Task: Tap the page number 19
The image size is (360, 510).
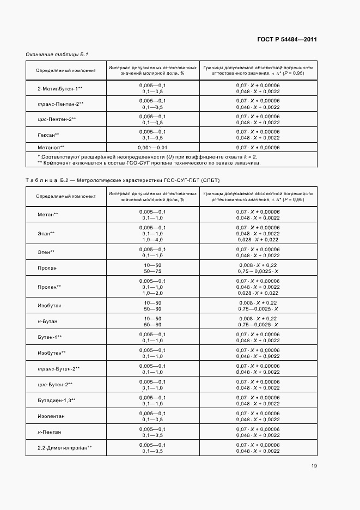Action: point(314,466)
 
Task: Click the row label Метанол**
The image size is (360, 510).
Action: point(51,147)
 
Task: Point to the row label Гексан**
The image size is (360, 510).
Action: point(48,135)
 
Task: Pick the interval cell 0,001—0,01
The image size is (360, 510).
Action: point(152,147)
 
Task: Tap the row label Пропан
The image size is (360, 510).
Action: point(47,268)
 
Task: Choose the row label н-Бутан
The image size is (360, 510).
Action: point(47,321)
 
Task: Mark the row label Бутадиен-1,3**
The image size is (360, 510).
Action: point(57,400)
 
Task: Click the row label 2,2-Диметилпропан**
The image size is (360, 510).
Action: point(64,447)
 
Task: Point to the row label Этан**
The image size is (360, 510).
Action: point(46,233)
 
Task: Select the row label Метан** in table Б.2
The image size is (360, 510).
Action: point(48,215)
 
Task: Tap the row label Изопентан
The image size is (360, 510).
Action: point(51,416)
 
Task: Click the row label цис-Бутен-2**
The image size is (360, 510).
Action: point(55,385)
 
